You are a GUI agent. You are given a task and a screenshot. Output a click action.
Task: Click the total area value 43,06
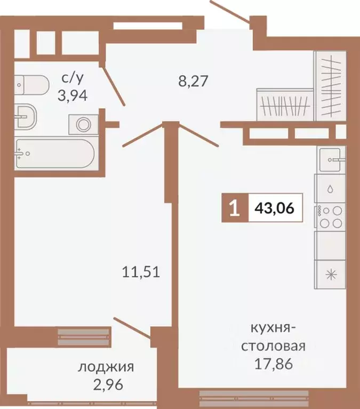[x=275, y=208]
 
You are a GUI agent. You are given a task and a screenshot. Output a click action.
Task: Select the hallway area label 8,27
[x=193, y=81]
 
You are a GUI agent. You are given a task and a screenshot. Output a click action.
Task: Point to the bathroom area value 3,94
[x=73, y=96]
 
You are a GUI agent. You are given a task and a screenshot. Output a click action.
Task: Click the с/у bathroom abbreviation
[x=73, y=78]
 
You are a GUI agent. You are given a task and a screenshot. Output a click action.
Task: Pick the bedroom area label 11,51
[x=141, y=272]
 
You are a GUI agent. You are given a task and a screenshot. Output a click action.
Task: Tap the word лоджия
[x=106, y=367]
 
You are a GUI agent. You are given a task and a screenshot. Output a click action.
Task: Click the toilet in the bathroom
[x=31, y=85]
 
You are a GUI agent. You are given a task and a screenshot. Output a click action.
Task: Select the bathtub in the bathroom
[x=55, y=154]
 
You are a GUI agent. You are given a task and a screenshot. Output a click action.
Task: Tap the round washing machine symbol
[x=84, y=124]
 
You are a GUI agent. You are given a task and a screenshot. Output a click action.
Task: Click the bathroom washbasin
[x=25, y=117]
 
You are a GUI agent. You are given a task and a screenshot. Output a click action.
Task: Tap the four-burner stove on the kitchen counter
[x=331, y=216]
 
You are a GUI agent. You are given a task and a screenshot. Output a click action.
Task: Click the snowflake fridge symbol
[x=331, y=275]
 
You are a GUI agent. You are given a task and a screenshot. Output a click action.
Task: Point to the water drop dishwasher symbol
[x=330, y=188]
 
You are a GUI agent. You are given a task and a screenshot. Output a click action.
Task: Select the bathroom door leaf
[x=113, y=85]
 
